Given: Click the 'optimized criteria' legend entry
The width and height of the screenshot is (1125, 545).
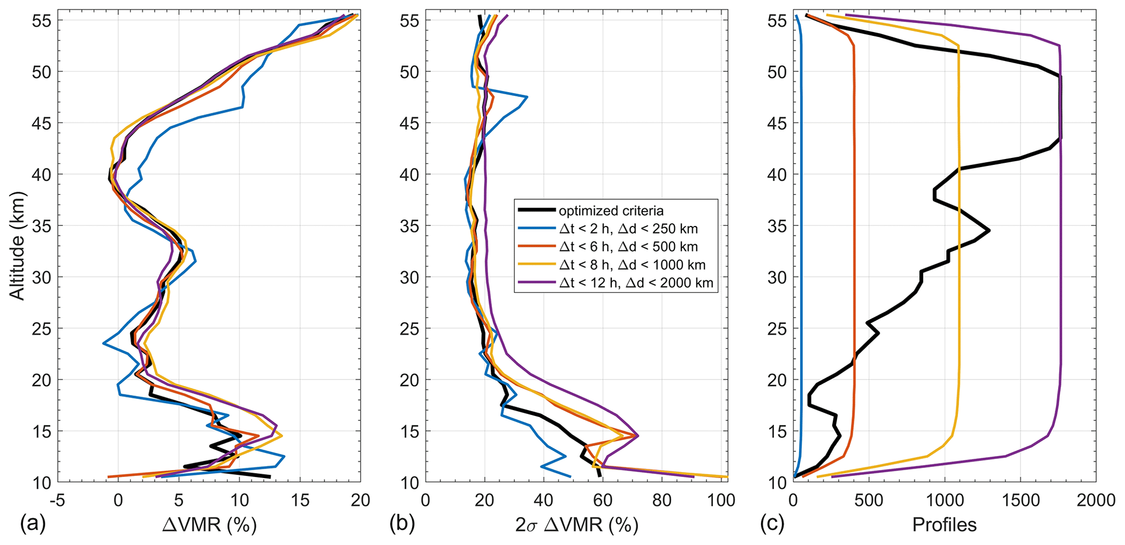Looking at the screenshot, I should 611,211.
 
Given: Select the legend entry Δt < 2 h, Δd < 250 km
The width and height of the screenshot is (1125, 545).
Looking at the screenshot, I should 628,229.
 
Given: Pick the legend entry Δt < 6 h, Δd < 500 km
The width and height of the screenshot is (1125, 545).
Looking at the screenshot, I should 628,247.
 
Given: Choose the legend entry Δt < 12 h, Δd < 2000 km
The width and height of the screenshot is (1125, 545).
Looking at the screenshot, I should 636,283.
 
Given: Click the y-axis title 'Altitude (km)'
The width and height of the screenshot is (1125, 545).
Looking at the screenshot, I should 17,246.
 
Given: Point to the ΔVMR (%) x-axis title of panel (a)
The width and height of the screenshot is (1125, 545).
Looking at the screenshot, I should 210,525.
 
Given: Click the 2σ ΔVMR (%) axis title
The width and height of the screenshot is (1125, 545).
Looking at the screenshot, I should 576,525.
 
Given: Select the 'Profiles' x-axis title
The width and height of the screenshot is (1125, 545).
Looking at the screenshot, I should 944,525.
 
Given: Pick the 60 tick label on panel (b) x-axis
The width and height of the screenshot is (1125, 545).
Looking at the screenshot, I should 603,500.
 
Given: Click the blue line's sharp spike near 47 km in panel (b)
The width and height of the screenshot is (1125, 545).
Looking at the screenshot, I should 527,97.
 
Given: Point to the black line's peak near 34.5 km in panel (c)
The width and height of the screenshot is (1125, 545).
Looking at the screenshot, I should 989,231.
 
